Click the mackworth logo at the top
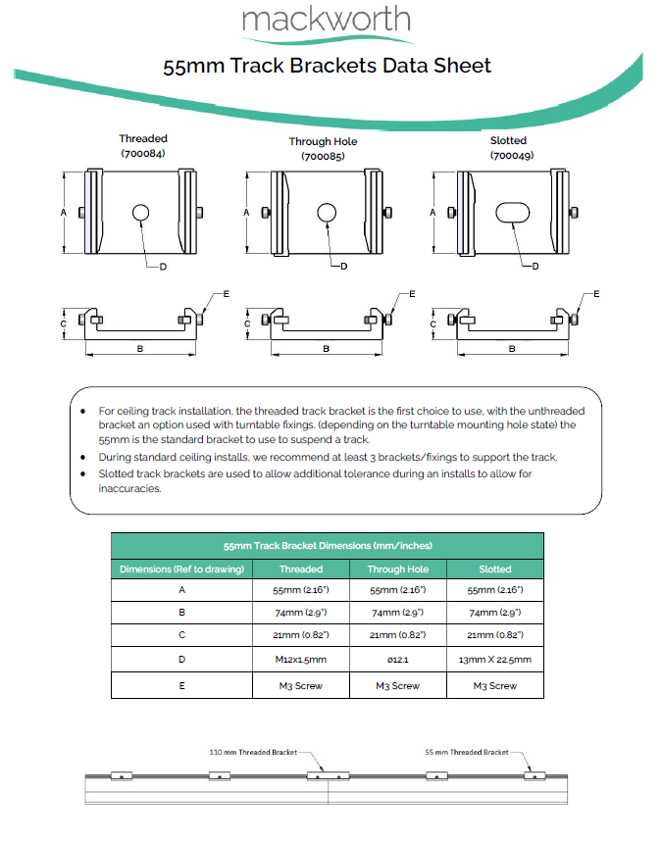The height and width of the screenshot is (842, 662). coord(327,22)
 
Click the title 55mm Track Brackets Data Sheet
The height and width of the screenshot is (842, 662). coord(327,66)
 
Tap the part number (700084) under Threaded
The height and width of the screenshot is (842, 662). coord(143,154)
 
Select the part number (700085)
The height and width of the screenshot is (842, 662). coord(323,156)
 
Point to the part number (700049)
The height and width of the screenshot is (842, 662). coord(508,155)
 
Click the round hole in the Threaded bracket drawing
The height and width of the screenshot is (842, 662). coord(140,213)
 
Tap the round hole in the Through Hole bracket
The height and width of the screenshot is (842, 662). coord(327,213)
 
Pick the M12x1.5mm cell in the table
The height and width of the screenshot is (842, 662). coord(301,660)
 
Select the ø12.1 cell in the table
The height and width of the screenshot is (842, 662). coord(397,660)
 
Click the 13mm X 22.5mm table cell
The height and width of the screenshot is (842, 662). coord(494,660)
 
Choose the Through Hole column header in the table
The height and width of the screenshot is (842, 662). coord(397,569)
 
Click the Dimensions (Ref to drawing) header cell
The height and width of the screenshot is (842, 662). coord(181,569)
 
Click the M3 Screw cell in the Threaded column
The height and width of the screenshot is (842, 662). coord(301,686)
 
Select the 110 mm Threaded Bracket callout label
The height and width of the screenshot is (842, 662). coord(253,752)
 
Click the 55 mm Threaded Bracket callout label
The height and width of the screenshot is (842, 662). coord(466,752)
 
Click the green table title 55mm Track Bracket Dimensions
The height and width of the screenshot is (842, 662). coord(327,545)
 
